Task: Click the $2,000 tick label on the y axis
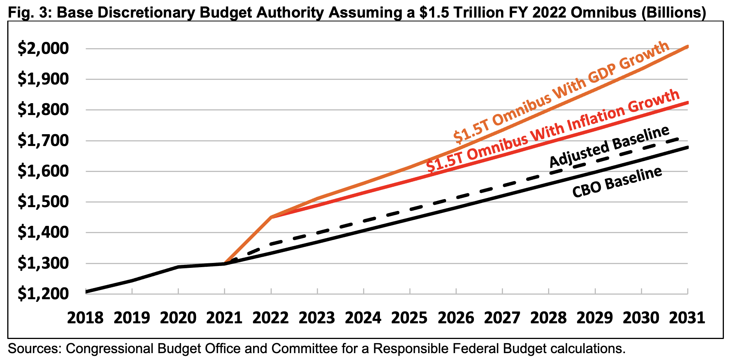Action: click(x=43, y=49)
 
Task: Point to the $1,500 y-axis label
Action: click(x=43, y=202)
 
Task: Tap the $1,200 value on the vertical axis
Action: click(x=43, y=294)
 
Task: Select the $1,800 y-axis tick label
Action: click(x=43, y=110)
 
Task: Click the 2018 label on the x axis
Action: click(x=85, y=318)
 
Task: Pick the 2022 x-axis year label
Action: click(x=271, y=318)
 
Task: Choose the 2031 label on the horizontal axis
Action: click(x=687, y=318)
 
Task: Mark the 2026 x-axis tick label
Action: click(x=456, y=318)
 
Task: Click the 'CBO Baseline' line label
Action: click(x=617, y=182)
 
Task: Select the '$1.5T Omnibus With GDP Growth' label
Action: click(x=561, y=91)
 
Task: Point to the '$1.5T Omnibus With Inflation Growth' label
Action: click(x=553, y=131)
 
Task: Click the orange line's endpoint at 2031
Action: click(x=688, y=47)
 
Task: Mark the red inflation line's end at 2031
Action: click(x=688, y=102)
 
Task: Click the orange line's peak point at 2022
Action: click(x=271, y=217)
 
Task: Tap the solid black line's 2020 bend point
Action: click(x=178, y=267)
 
